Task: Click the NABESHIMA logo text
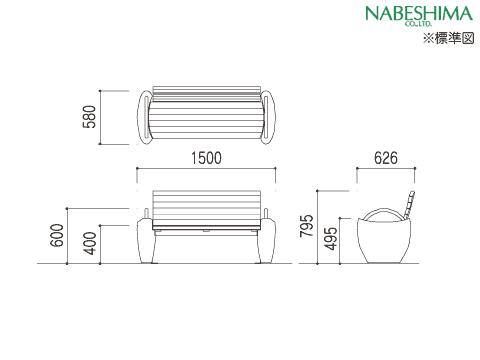419,14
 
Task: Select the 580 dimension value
89,117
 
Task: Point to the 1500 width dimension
206,158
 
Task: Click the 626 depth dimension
386,158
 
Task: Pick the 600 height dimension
57,235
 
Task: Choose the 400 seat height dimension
90,243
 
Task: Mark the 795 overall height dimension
307,226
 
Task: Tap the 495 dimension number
331,238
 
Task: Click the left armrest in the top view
144,117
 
